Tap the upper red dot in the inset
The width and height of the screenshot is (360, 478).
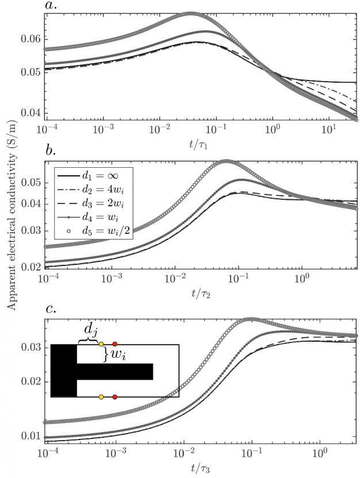(115, 344)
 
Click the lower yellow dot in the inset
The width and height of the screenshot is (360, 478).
(101, 397)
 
